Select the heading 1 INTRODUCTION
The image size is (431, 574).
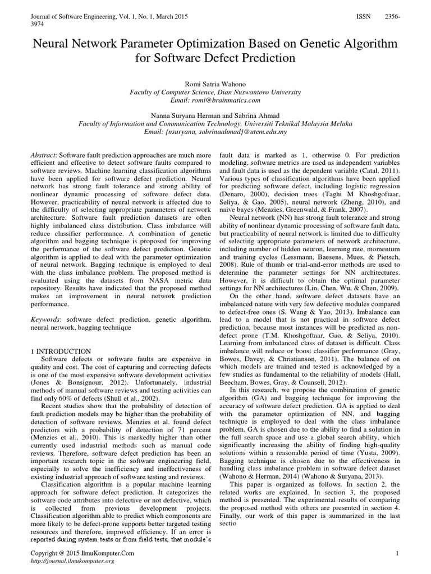59,350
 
